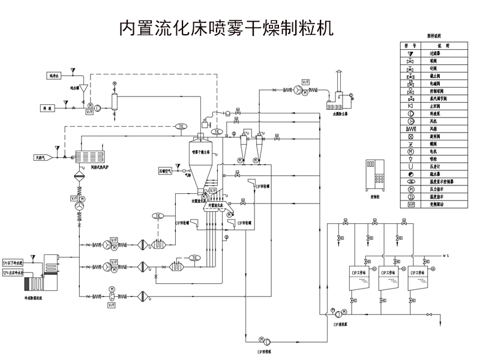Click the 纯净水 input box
(57, 76)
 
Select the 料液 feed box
(52, 108)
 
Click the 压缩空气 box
(166, 170)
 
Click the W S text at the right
(446, 255)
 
